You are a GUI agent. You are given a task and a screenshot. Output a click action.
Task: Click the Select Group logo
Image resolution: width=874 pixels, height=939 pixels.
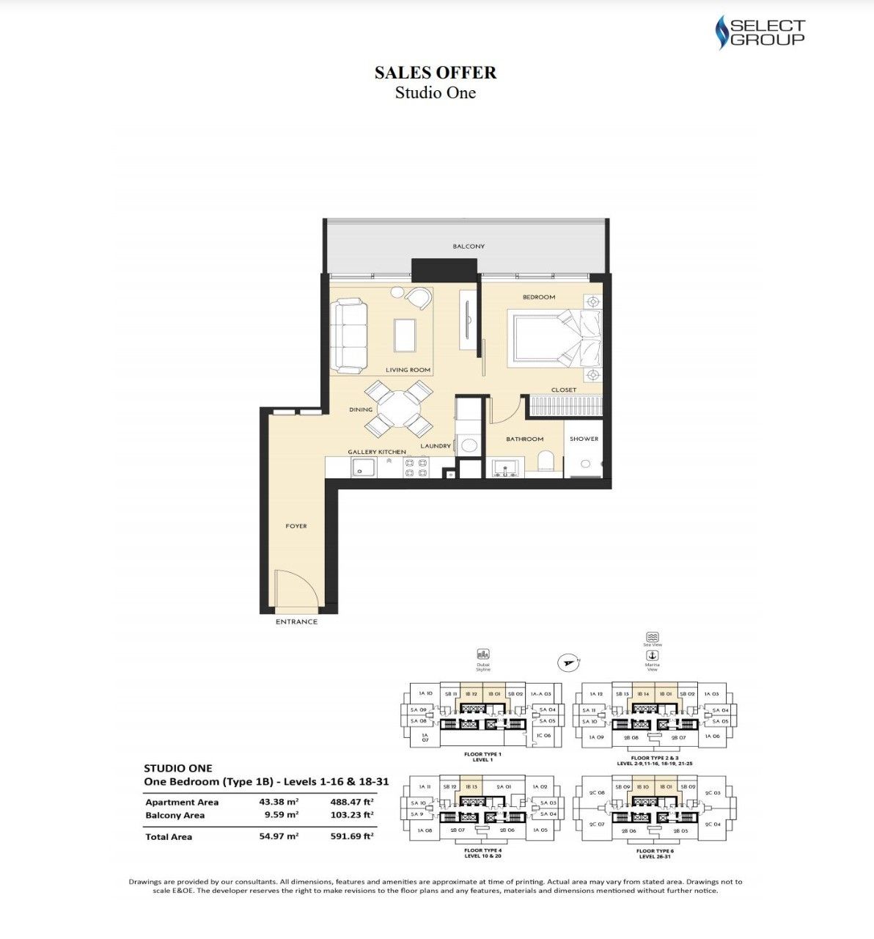[760, 34]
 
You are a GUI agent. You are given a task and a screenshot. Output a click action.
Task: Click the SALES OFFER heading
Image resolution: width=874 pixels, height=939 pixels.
[436, 72]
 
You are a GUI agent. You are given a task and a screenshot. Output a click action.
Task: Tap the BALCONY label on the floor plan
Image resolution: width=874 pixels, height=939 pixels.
[468, 246]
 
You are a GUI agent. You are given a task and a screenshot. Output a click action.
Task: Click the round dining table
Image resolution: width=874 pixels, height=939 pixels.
[398, 409]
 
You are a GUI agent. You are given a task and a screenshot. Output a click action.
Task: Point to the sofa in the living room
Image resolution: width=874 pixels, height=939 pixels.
[349, 335]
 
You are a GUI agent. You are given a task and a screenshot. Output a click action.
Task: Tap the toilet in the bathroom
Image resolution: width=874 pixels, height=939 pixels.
[546, 462]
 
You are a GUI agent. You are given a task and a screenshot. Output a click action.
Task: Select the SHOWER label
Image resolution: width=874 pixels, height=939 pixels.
[584, 439]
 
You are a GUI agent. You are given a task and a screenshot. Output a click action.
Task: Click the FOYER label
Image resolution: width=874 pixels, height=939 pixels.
[296, 526]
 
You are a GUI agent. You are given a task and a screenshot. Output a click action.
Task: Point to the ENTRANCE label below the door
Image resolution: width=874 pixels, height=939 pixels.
[296, 621]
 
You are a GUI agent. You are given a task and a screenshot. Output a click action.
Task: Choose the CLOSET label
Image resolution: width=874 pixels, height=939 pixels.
[563, 390]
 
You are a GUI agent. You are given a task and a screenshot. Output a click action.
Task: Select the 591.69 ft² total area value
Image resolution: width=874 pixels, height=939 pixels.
[352, 836]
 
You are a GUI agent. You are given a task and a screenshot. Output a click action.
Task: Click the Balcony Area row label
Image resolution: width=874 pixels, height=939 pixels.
[175, 815]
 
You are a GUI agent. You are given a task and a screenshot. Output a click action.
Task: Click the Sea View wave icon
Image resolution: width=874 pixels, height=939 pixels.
[652, 637]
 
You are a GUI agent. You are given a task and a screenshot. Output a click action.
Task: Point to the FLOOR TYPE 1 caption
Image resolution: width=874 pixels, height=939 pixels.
[482, 754]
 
